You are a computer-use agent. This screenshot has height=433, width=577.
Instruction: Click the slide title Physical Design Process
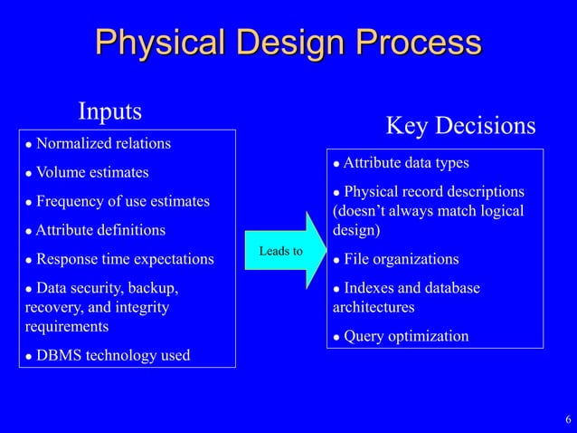tap(288, 43)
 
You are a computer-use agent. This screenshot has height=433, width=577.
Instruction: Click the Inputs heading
tap(110, 111)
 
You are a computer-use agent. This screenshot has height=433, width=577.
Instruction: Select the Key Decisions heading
tap(460, 125)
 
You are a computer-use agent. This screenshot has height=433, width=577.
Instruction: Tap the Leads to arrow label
tap(280, 250)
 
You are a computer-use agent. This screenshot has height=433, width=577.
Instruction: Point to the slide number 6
tap(567, 419)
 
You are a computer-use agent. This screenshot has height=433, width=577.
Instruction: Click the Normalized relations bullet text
tap(103, 144)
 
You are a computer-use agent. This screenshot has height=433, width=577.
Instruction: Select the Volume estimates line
tap(92, 172)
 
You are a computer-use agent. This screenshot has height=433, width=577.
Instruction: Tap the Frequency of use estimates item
tap(122, 201)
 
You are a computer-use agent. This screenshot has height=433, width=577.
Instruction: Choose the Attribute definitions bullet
tap(100, 230)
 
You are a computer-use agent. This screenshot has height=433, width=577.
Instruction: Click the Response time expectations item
tap(125, 259)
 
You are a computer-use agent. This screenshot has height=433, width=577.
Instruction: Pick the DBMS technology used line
tap(113, 354)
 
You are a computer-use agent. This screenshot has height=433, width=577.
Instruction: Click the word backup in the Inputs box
tap(155, 288)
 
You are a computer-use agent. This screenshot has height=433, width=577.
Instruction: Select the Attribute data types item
tap(406, 163)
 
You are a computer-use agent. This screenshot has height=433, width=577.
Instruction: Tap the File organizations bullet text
tap(401, 260)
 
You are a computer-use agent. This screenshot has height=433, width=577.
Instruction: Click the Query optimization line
tap(406, 336)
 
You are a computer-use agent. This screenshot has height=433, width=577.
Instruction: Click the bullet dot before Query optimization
tap(336, 337)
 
